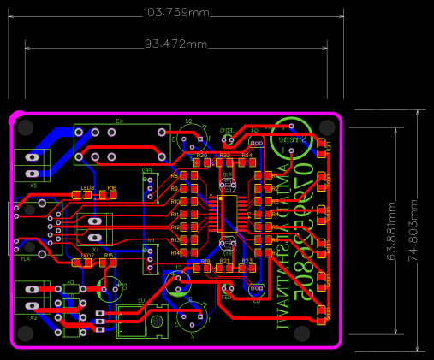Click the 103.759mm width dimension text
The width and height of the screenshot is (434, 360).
pos(175,12)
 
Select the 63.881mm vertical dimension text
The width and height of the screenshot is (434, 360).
pos(392,231)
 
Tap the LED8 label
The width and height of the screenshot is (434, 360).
pos(87,187)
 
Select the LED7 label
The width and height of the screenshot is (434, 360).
pos(87,256)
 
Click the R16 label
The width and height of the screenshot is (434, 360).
pos(111,187)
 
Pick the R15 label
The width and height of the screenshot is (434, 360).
pos(109,256)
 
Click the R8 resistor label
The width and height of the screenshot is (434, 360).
pos(174,175)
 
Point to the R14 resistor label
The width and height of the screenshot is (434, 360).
pos(175,253)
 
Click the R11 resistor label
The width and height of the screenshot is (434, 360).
pos(175,214)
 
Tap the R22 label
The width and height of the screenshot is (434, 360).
pos(225,156)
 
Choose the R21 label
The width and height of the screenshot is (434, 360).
pos(224,261)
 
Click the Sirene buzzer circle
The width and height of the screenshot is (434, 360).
pos(294,137)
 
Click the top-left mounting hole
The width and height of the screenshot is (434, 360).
pos(26,127)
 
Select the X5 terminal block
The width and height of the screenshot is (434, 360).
pos(34,163)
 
